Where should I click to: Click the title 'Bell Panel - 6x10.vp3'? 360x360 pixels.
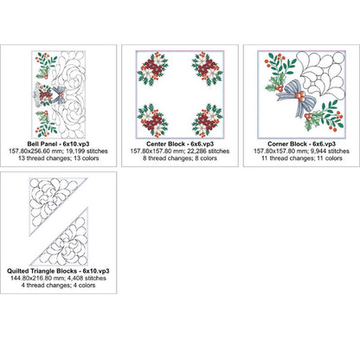click(58, 144)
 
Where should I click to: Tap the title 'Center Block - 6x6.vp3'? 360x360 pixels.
click(180, 144)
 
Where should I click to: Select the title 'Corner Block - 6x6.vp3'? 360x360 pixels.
click(301, 144)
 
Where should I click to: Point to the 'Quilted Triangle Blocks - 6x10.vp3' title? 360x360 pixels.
click(58, 271)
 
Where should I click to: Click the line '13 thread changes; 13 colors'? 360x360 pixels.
click(59, 158)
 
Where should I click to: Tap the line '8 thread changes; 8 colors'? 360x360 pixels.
click(180, 158)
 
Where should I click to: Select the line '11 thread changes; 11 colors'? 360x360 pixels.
click(302, 158)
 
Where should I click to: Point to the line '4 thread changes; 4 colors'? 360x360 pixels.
click(58, 286)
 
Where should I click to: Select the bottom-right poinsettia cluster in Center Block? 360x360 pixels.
click(207, 120)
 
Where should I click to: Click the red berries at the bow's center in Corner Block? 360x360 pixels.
click(301, 96)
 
